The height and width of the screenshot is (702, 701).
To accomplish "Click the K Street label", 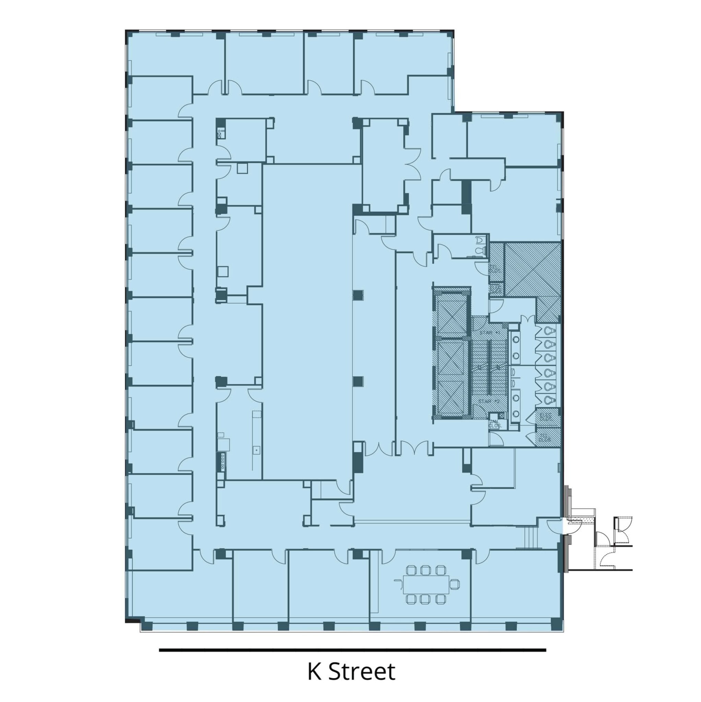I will tap(351, 671).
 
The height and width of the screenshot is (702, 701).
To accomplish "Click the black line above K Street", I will tap(352, 650).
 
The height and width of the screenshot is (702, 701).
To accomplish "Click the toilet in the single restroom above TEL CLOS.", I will tap(479, 250).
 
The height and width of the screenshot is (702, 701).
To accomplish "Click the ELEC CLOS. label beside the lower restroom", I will tap(545, 416).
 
